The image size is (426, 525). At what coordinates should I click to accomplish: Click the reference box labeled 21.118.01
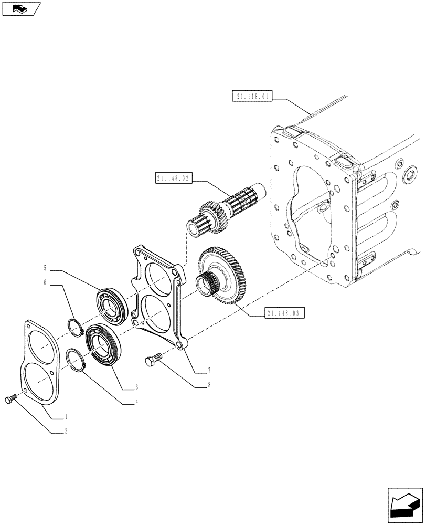pos(252,97)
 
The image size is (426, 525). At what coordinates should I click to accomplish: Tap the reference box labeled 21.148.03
pos(285,314)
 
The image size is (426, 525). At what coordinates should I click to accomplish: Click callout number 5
pos(45,268)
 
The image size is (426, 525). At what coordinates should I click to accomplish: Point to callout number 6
pos(45,282)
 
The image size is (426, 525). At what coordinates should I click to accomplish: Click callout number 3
pos(136,387)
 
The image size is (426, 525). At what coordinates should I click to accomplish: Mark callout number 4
pos(136,403)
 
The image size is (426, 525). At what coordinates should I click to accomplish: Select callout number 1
pos(66,417)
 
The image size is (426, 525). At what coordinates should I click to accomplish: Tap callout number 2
pos(66,432)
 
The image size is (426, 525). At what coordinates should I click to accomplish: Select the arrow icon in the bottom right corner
pos(403,505)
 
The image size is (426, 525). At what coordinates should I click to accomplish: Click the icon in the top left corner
pos(20,8)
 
